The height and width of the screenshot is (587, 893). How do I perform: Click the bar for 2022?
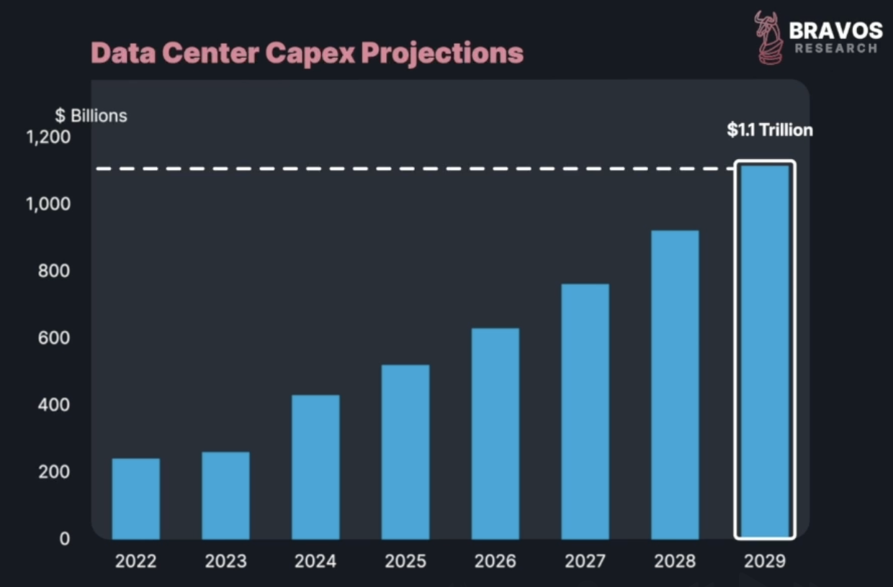click(x=136, y=499)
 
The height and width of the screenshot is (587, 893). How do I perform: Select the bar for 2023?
click(x=225, y=495)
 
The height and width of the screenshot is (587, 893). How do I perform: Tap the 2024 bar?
click(x=315, y=467)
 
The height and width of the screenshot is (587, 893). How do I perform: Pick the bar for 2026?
click(x=495, y=433)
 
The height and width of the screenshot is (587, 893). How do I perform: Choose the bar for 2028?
click(x=675, y=384)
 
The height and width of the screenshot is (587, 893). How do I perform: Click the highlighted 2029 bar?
click(x=765, y=351)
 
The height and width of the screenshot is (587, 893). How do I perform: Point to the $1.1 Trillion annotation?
click(x=769, y=130)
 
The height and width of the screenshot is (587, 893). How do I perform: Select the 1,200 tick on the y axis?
click(x=49, y=137)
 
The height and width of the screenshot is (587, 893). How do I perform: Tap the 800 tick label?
click(x=55, y=271)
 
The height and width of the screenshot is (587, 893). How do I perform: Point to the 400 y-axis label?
click(x=55, y=405)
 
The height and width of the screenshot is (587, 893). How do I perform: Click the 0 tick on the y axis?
click(x=65, y=538)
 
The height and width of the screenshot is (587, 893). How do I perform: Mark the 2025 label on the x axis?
click(x=405, y=561)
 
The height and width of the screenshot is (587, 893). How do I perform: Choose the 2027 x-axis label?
click(x=585, y=561)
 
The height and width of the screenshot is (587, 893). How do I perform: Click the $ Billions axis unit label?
click(x=91, y=116)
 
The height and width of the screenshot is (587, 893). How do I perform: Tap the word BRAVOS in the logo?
click(x=835, y=30)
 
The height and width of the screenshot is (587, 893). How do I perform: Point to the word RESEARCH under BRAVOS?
click(x=835, y=48)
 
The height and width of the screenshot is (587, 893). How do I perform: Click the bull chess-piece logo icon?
click(x=768, y=37)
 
